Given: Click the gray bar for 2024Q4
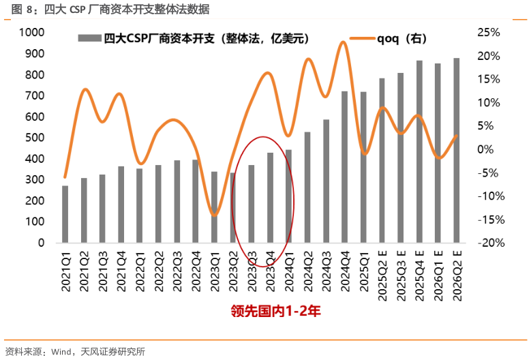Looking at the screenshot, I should click(x=344, y=167).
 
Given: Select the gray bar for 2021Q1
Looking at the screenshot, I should click(x=65, y=214).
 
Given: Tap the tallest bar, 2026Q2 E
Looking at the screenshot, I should click(x=456, y=151).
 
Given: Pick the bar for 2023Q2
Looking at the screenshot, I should click(x=232, y=208).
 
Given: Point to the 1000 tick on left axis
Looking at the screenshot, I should click(x=31, y=33).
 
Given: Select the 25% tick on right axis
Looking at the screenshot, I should click(x=489, y=33).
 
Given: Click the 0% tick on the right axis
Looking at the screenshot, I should click(x=492, y=149).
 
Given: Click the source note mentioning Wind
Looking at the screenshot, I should click(x=75, y=352).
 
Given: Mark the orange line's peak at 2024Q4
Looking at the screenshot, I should click(x=344, y=42).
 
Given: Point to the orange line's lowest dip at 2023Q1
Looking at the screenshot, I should click(x=214, y=215).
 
